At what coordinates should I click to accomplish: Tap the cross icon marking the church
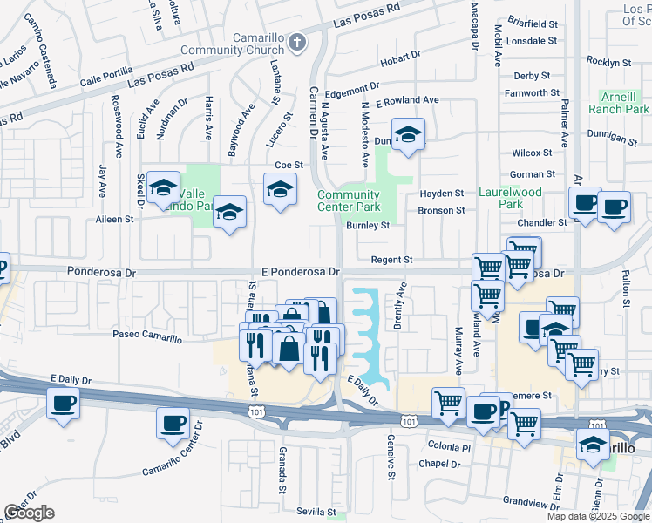click(298, 41)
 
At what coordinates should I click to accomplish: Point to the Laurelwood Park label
click(510, 197)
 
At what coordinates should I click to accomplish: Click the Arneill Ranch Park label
click(624, 103)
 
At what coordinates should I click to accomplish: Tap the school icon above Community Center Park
click(407, 135)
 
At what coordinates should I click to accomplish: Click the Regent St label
click(391, 260)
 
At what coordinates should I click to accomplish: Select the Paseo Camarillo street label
click(146, 335)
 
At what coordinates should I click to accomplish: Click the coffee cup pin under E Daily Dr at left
click(63, 404)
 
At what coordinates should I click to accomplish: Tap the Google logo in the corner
click(29, 513)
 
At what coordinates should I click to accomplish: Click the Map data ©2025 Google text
click(598, 516)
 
